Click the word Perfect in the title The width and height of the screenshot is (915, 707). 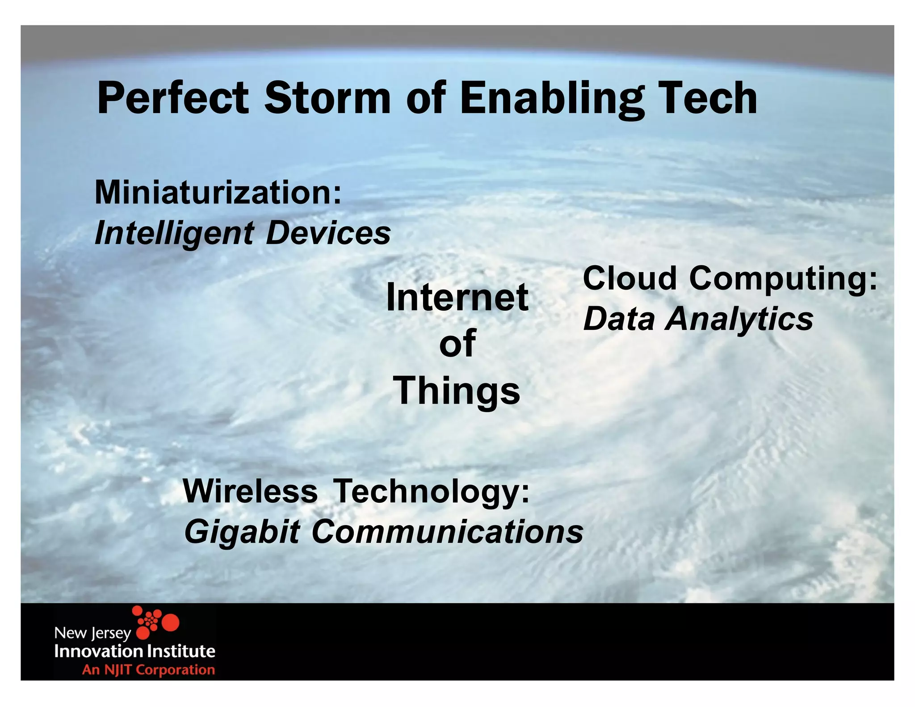(x=172, y=98)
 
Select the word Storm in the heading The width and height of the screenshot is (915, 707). (x=327, y=98)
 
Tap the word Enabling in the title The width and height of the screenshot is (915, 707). (x=551, y=98)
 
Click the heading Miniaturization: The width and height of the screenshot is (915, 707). (x=218, y=192)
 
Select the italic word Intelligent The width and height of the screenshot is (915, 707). (x=174, y=233)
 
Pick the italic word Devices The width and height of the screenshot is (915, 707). (x=328, y=233)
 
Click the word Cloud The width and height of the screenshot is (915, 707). (x=630, y=278)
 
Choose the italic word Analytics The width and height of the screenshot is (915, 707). (x=739, y=320)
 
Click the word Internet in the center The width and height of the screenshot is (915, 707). (x=457, y=298)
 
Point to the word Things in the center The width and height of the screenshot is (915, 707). (x=457, y=391)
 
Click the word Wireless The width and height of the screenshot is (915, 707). (x=250, y=491)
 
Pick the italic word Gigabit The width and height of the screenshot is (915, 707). (x=242, y=532)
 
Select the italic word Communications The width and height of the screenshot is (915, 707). (x=447, y=532)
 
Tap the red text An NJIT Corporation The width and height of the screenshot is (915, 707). (x=148, y=669)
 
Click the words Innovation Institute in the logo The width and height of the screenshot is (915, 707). (x=134, y=651)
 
